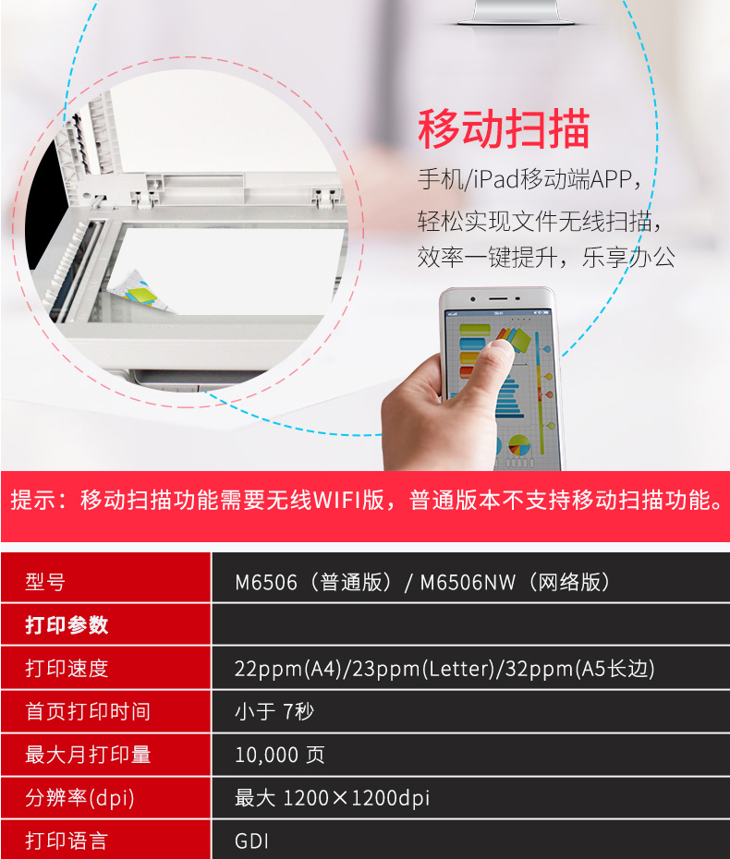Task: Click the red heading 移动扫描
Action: (x=504, y=128)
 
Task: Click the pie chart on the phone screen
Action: (x=518, y=445)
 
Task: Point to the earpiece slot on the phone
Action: (x=498, y=298)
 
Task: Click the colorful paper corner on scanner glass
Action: (x=137, y=292)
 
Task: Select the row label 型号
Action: (x=45, y=582)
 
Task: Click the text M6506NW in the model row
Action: (x=468, y=582)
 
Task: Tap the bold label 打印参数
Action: (x=67, y=624)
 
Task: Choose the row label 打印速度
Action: (x=67, y=669)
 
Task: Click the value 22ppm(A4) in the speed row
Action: (x=288, y=669)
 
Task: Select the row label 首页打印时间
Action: (x=88, y=711)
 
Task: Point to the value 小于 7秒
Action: (x=274, y=711)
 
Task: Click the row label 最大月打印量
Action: (x=88, y=755)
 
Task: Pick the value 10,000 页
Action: (x=279, y=755)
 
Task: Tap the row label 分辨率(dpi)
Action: (x=79, y=798)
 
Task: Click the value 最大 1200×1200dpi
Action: (x=332, y=798)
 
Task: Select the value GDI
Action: (x=251, y=841)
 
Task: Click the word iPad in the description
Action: (x=496, y=179)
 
